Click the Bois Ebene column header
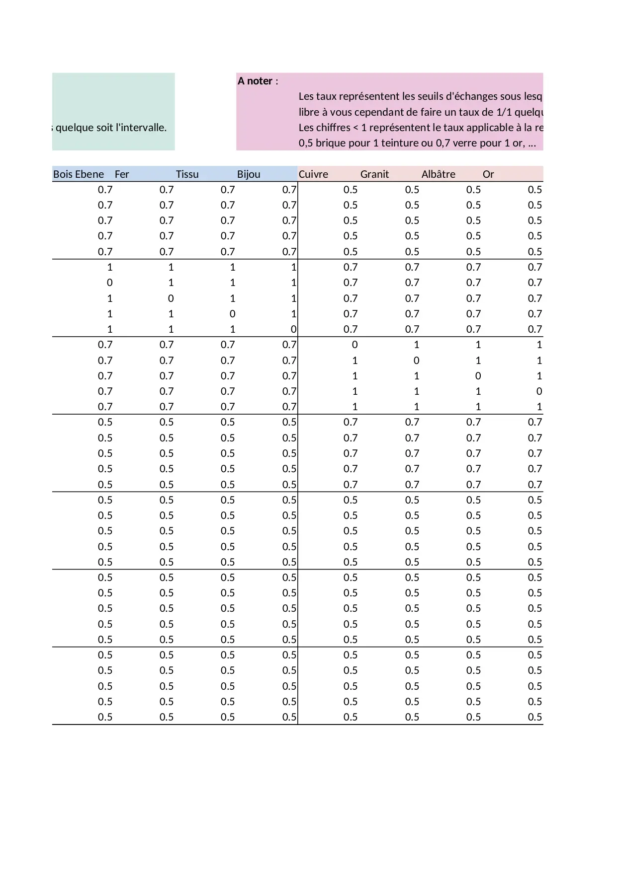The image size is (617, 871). tap(79, 174)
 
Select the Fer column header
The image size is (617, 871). tap(122, 174)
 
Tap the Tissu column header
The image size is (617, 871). tap(187, 174)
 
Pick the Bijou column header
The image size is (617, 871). tap(249, 174)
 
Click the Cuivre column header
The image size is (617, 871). tap(313, 174)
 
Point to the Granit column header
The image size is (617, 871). tap(374, 174)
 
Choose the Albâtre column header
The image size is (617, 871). tap(438, 174)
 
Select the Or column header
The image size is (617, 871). tap(488, 174)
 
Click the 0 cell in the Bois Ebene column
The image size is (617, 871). tap(110, 283)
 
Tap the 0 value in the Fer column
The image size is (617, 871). tap(171, 298)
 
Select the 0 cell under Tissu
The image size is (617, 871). tap(232, 314)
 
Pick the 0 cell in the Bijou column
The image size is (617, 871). tap(293, 329)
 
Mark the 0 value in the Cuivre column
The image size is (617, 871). tap(354, 345)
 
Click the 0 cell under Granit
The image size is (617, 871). tap(416, 361)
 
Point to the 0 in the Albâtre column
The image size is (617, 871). tap(478, 376)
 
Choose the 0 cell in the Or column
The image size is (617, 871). tap(539, 391)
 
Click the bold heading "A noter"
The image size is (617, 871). tap(255, 81)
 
